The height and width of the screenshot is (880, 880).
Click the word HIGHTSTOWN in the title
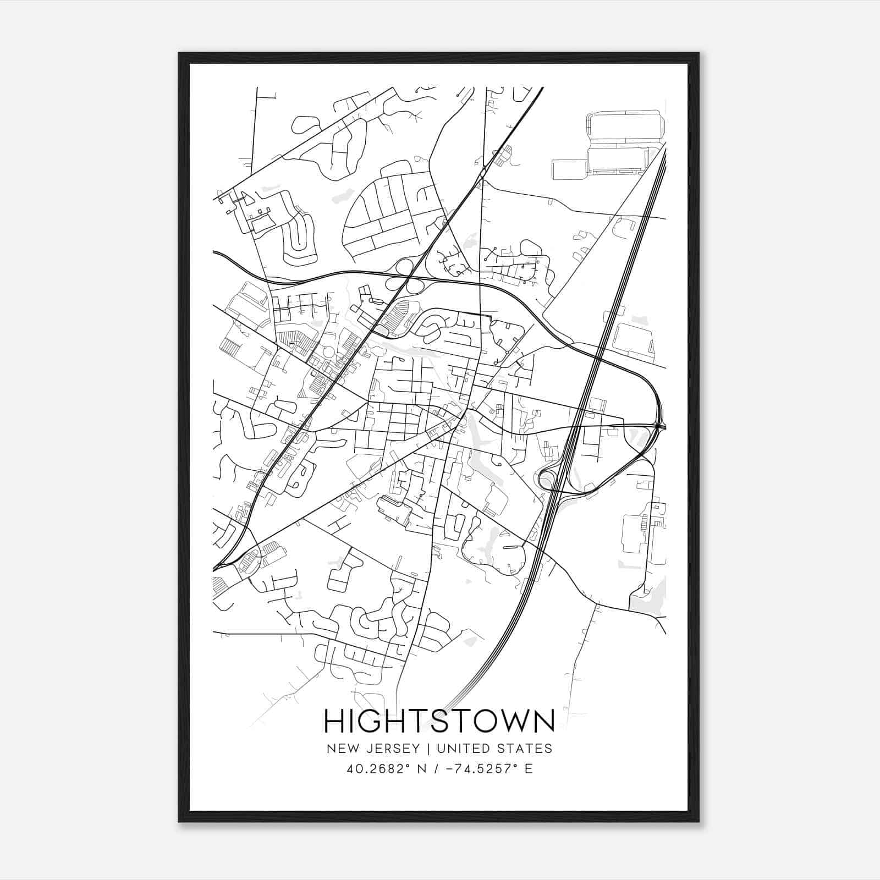439,721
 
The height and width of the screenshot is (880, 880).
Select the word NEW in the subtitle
340,749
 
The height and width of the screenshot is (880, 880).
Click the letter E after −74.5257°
529,769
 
